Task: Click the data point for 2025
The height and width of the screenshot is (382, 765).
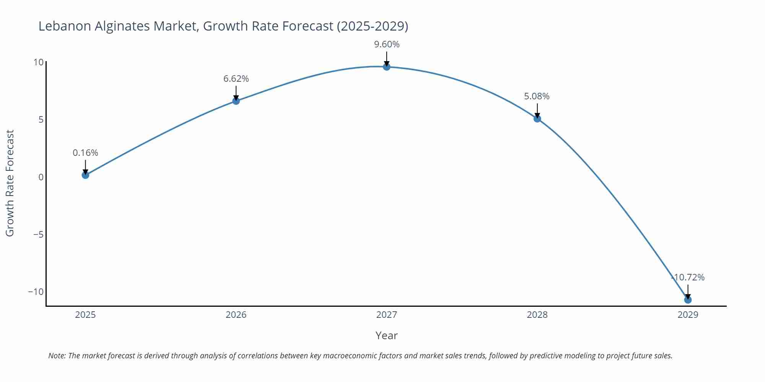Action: pos(85,175)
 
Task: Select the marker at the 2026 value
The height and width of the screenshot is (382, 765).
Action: pos(236,101)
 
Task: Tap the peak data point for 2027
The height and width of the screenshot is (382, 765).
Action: pos(387,67)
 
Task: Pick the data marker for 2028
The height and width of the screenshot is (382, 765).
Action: pos(537,119)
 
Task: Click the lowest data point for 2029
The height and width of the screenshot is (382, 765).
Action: pos(688,300)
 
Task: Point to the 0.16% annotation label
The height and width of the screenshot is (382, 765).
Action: pos(85,153)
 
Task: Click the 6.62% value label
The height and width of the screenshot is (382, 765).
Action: pos(236,79)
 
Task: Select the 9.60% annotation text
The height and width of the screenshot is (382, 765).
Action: pos(387,44)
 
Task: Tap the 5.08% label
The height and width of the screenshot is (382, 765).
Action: pos(537,96)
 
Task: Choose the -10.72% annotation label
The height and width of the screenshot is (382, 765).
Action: pos(688,277)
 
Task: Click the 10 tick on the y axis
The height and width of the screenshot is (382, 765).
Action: pos(38,62)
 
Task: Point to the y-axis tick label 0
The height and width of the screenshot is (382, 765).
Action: pos(41,177)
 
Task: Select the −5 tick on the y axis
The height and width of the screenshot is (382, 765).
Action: pos(38,234)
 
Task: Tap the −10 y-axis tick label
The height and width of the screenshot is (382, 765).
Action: pos(36,292)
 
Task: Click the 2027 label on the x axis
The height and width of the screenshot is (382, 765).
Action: pos(387,315)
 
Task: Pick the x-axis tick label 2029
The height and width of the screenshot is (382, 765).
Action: pos(688,315)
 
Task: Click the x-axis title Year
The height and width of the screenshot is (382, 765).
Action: pos(386,335)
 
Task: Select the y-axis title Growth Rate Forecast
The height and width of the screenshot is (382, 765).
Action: pos(10,183)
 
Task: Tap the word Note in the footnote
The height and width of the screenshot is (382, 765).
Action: pos(57,356)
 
